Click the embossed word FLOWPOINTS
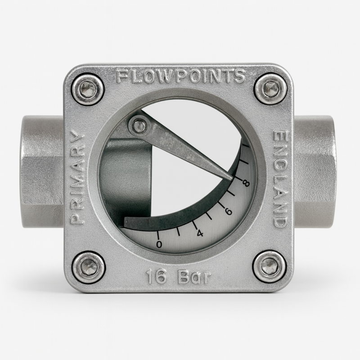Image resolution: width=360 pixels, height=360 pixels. pyautogui.click(x=181, y=76)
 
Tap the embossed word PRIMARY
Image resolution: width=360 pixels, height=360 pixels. pyautogui.click(x=77, y=177)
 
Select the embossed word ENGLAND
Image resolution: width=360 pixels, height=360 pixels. pyautogui.click(x=280, y=179)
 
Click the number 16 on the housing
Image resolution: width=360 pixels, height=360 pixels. pyautogui.click(x=156, y=277)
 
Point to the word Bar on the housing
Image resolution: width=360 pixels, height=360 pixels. pyautogui.click(x=194, y=277)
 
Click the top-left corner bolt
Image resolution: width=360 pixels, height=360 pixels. pyautogui.click(x=88, y=89)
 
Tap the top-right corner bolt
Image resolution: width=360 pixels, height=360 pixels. pyautogui.click(x=271, y=89)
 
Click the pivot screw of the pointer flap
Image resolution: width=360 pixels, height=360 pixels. pyautogui.click(x=139, y=126)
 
